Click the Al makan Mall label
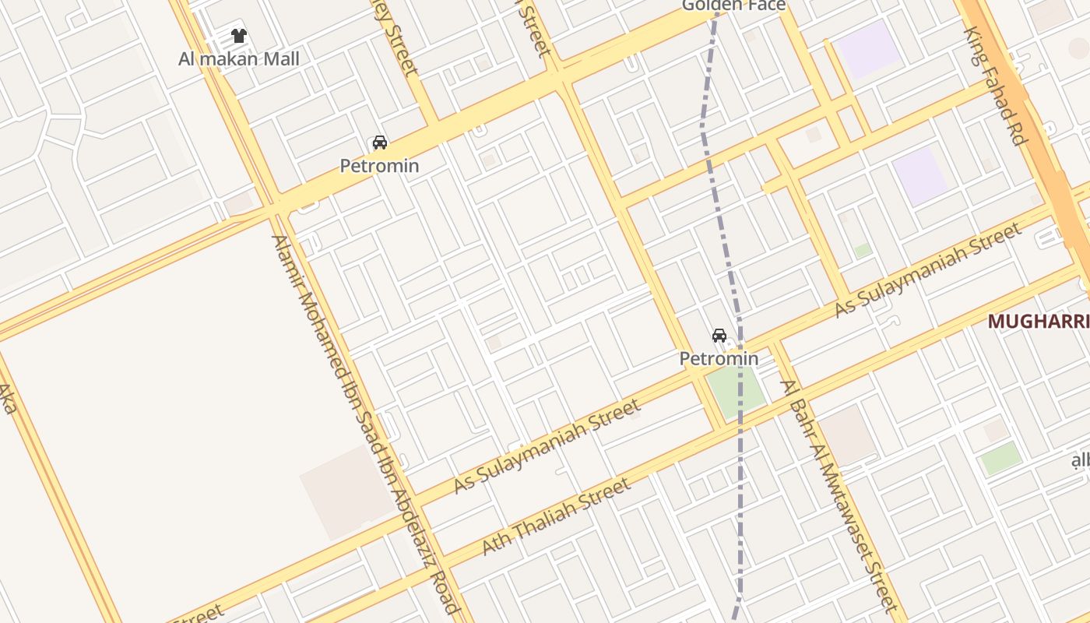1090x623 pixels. pyautogui.click(x=239, y=59)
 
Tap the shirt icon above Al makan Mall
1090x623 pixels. pyautogui.click(x=239, y=36)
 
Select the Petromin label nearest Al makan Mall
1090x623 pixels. pyautogui.click(x=379, y=166)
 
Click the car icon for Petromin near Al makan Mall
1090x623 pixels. pyautogui.click(x=379, y=143)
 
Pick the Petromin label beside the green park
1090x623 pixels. pyautogui.click(x=719, y=359)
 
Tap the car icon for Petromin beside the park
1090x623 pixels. pyautogui.click(x=719, y=336)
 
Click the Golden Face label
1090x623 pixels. pyautogui.click(x=733, y=6)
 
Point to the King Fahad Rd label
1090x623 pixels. pyautogui.click(x=993, y=86)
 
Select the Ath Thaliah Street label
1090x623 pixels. pyautogui.click(x=556, y=517)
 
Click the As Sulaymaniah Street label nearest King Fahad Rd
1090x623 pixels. pyautogui.click(x=926, y=270)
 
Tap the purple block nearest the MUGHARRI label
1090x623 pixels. pyautogui.click(x=919, y=175)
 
